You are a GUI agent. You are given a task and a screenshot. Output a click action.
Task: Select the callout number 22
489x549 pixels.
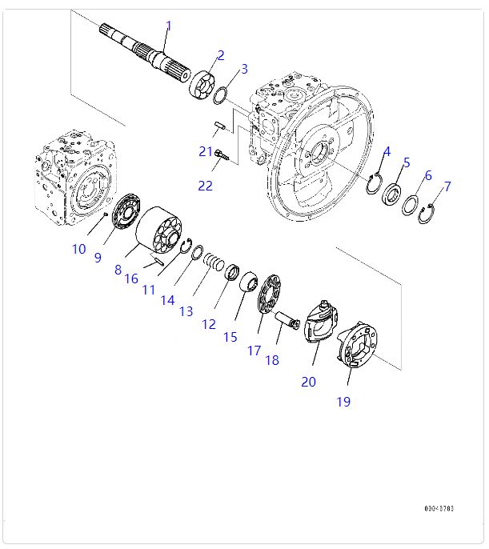point(206,186)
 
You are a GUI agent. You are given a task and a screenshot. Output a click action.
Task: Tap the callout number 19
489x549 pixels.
point(343,402)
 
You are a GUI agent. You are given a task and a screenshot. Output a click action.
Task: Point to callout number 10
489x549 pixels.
point(78,249)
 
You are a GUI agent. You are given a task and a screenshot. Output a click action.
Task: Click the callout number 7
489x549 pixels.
point(447,186)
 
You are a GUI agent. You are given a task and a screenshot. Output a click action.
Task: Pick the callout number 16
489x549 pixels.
point(131,278)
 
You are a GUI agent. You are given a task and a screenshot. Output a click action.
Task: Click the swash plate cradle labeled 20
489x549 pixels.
point(319,324)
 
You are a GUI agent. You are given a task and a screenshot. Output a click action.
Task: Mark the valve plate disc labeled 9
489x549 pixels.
point(124,214)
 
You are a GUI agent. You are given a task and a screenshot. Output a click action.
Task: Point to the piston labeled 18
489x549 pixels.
point(288,320)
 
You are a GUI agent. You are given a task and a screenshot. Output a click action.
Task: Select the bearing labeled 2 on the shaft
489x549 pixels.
point(204,82)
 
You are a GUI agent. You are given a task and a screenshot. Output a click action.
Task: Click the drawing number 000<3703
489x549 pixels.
point(439,508)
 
